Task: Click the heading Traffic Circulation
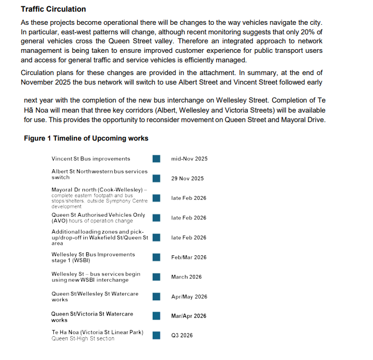point(53,10)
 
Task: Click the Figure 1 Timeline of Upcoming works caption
point(86,139)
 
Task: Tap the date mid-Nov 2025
point(189,159)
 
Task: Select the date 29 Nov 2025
point(187,179)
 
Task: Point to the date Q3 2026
point(182,335)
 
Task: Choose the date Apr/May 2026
point(189,297)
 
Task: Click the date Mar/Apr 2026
point(189,316)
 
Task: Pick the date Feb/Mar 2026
point(189,257)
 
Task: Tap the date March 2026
point(186,277)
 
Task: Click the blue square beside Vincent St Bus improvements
point(156,159)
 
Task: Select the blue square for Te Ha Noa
point(156,335)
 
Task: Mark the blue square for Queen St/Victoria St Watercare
point(156,316)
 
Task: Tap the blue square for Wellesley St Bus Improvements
point(156,257)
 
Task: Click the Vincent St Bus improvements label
point(90,159)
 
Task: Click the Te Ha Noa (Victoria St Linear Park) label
point(97,332)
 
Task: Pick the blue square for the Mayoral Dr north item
point(156,198)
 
